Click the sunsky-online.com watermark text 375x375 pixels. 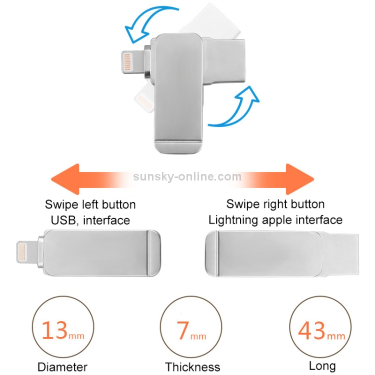[x=187, y=176]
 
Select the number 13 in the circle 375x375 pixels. [x=55, y=330]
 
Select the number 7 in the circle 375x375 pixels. [x=182, y=330]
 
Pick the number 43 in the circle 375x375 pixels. [x=311, y=330]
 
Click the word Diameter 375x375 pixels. [x=62, y=367]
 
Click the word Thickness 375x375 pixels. [x=192, y=367]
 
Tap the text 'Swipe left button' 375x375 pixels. [x=90, y=204]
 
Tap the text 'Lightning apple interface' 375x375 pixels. [x=275, y=220]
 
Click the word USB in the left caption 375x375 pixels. [x=63, y=220]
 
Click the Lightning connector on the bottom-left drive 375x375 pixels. [x=27, y=252]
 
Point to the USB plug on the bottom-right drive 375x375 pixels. [x=339, y=254]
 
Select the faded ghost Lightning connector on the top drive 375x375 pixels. [x=144, y=99]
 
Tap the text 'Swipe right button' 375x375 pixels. [x=275, y=204]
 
